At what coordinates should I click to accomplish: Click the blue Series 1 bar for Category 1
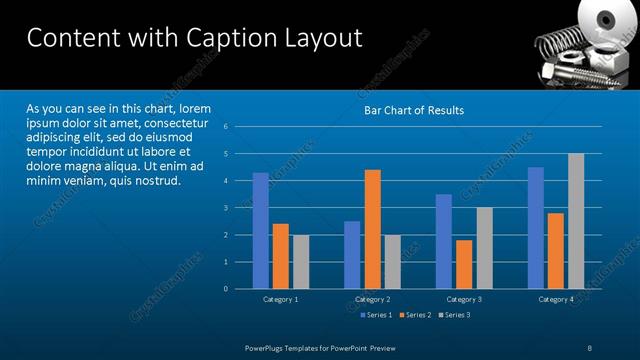pyautogui.click(x=260, y=231)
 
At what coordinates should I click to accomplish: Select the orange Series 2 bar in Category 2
pyautogui.click(x=372, y=229)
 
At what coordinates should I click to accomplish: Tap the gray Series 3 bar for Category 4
pyautogui.click(x=576, y=221)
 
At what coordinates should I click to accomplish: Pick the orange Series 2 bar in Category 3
pyautogui.click(x=464, y=264)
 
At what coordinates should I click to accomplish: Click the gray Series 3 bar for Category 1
pyautogui.click(x=300, y=262)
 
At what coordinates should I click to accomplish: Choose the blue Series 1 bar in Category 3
pyautogui.click(x=444, y=241)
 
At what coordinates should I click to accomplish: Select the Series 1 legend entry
pyautogui.click(x=375, y=315)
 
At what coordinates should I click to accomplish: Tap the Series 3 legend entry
pyautogui.click(x=453, y=315)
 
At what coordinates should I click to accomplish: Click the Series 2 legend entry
pyautogui.click(x=414, y=315)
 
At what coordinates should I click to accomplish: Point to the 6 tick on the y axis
pyautogui.click(x=240, y=127)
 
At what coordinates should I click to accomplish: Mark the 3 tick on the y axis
pyautogui.click(x=240, y=208)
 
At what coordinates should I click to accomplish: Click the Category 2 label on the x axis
pyautogui.click(x=372, y=299)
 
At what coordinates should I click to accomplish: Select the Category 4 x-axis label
pyautogui.click(x=556, y=299)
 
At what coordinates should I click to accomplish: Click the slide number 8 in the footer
pyautogui.click(x=590, y=347)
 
